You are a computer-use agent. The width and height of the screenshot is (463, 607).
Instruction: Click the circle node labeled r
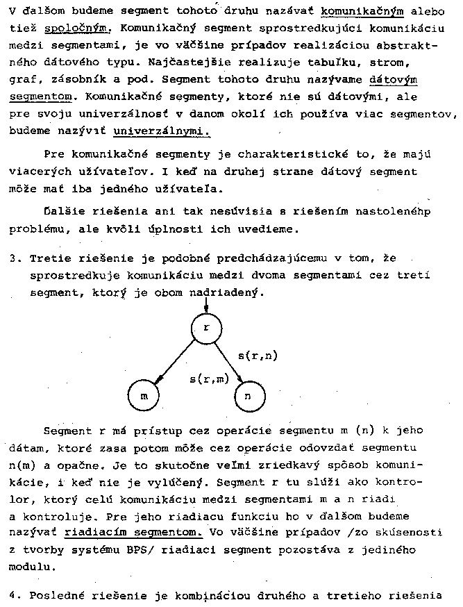coord(205,329)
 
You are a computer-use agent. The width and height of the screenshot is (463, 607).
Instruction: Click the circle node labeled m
coord(144,396)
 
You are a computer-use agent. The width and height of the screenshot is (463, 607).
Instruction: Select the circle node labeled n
coord(251,396)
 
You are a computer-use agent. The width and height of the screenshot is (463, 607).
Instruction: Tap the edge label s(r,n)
coord(258,356)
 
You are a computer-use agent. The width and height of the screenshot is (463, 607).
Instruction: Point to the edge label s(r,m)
coord(209,379)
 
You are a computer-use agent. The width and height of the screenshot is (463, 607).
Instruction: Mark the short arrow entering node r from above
coord(205,304)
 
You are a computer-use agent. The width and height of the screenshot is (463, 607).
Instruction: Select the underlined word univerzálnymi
coord(160,130)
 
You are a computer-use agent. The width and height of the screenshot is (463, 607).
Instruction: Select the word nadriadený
coord(228,292)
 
